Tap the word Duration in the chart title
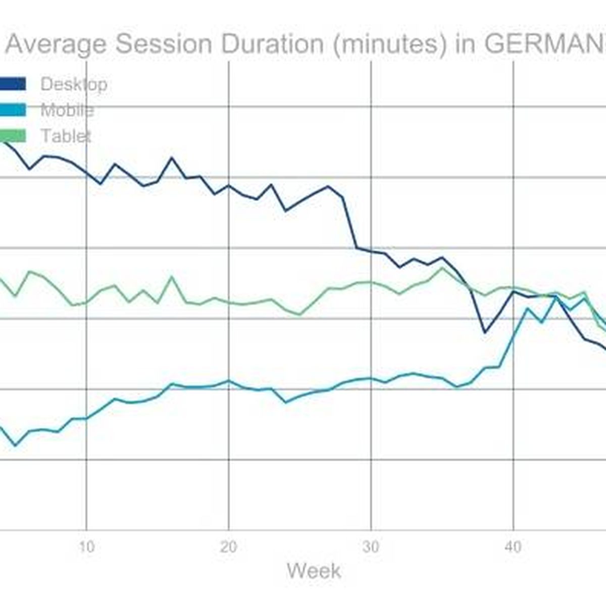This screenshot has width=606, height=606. (273, 44)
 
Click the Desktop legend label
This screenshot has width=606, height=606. (74, 84)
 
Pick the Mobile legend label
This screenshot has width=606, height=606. (67, 110)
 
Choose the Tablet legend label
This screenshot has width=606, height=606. (66, 136)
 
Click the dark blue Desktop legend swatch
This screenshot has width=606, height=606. (12, 84)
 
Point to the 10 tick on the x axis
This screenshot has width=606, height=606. (86, 547)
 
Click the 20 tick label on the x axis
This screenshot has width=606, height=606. (229, 547)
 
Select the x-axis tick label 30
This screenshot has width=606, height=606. (371, 547)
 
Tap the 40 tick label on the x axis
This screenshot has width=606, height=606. (513, 547)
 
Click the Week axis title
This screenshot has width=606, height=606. (314, 571)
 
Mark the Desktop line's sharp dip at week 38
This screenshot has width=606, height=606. (485, 332)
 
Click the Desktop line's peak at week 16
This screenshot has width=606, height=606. (172, 158)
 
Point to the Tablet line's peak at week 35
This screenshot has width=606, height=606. (442, 268)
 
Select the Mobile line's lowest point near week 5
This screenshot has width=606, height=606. (15, 445)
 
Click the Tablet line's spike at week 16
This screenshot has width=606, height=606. (172, 277)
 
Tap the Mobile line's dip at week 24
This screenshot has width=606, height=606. (286, 402)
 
